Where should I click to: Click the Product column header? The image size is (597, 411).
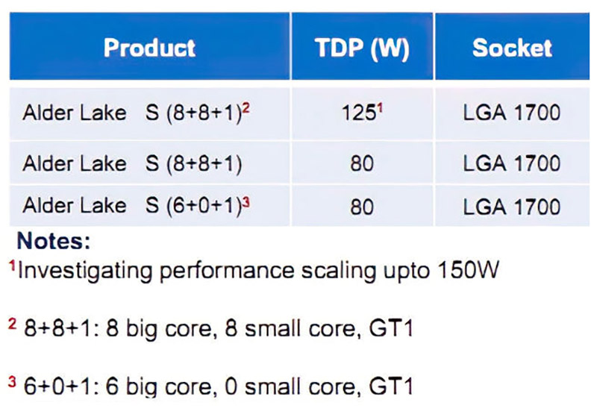[150, 48]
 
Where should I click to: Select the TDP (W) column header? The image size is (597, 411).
[362, 48]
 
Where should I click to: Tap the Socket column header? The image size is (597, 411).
[512, 48]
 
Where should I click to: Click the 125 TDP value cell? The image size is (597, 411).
[359, 113]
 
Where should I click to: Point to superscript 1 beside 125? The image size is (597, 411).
[380, 109]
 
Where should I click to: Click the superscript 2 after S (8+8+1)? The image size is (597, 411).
[246, 109]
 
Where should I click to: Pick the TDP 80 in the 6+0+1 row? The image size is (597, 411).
[362, 207]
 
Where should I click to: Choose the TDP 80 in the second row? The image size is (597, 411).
[362, 163]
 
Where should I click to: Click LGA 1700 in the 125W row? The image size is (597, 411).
[512, 113]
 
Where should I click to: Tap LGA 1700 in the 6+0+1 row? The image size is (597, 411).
[512, 207]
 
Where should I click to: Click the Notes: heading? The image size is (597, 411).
[54, 241]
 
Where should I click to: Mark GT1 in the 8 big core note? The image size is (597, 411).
[391, 328]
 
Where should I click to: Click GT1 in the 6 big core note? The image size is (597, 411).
[391, 386]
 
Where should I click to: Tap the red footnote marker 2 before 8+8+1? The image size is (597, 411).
[12, 324]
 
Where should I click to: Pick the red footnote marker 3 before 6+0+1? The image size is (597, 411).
[12, 382]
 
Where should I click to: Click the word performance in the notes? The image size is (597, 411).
[227, 272]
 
